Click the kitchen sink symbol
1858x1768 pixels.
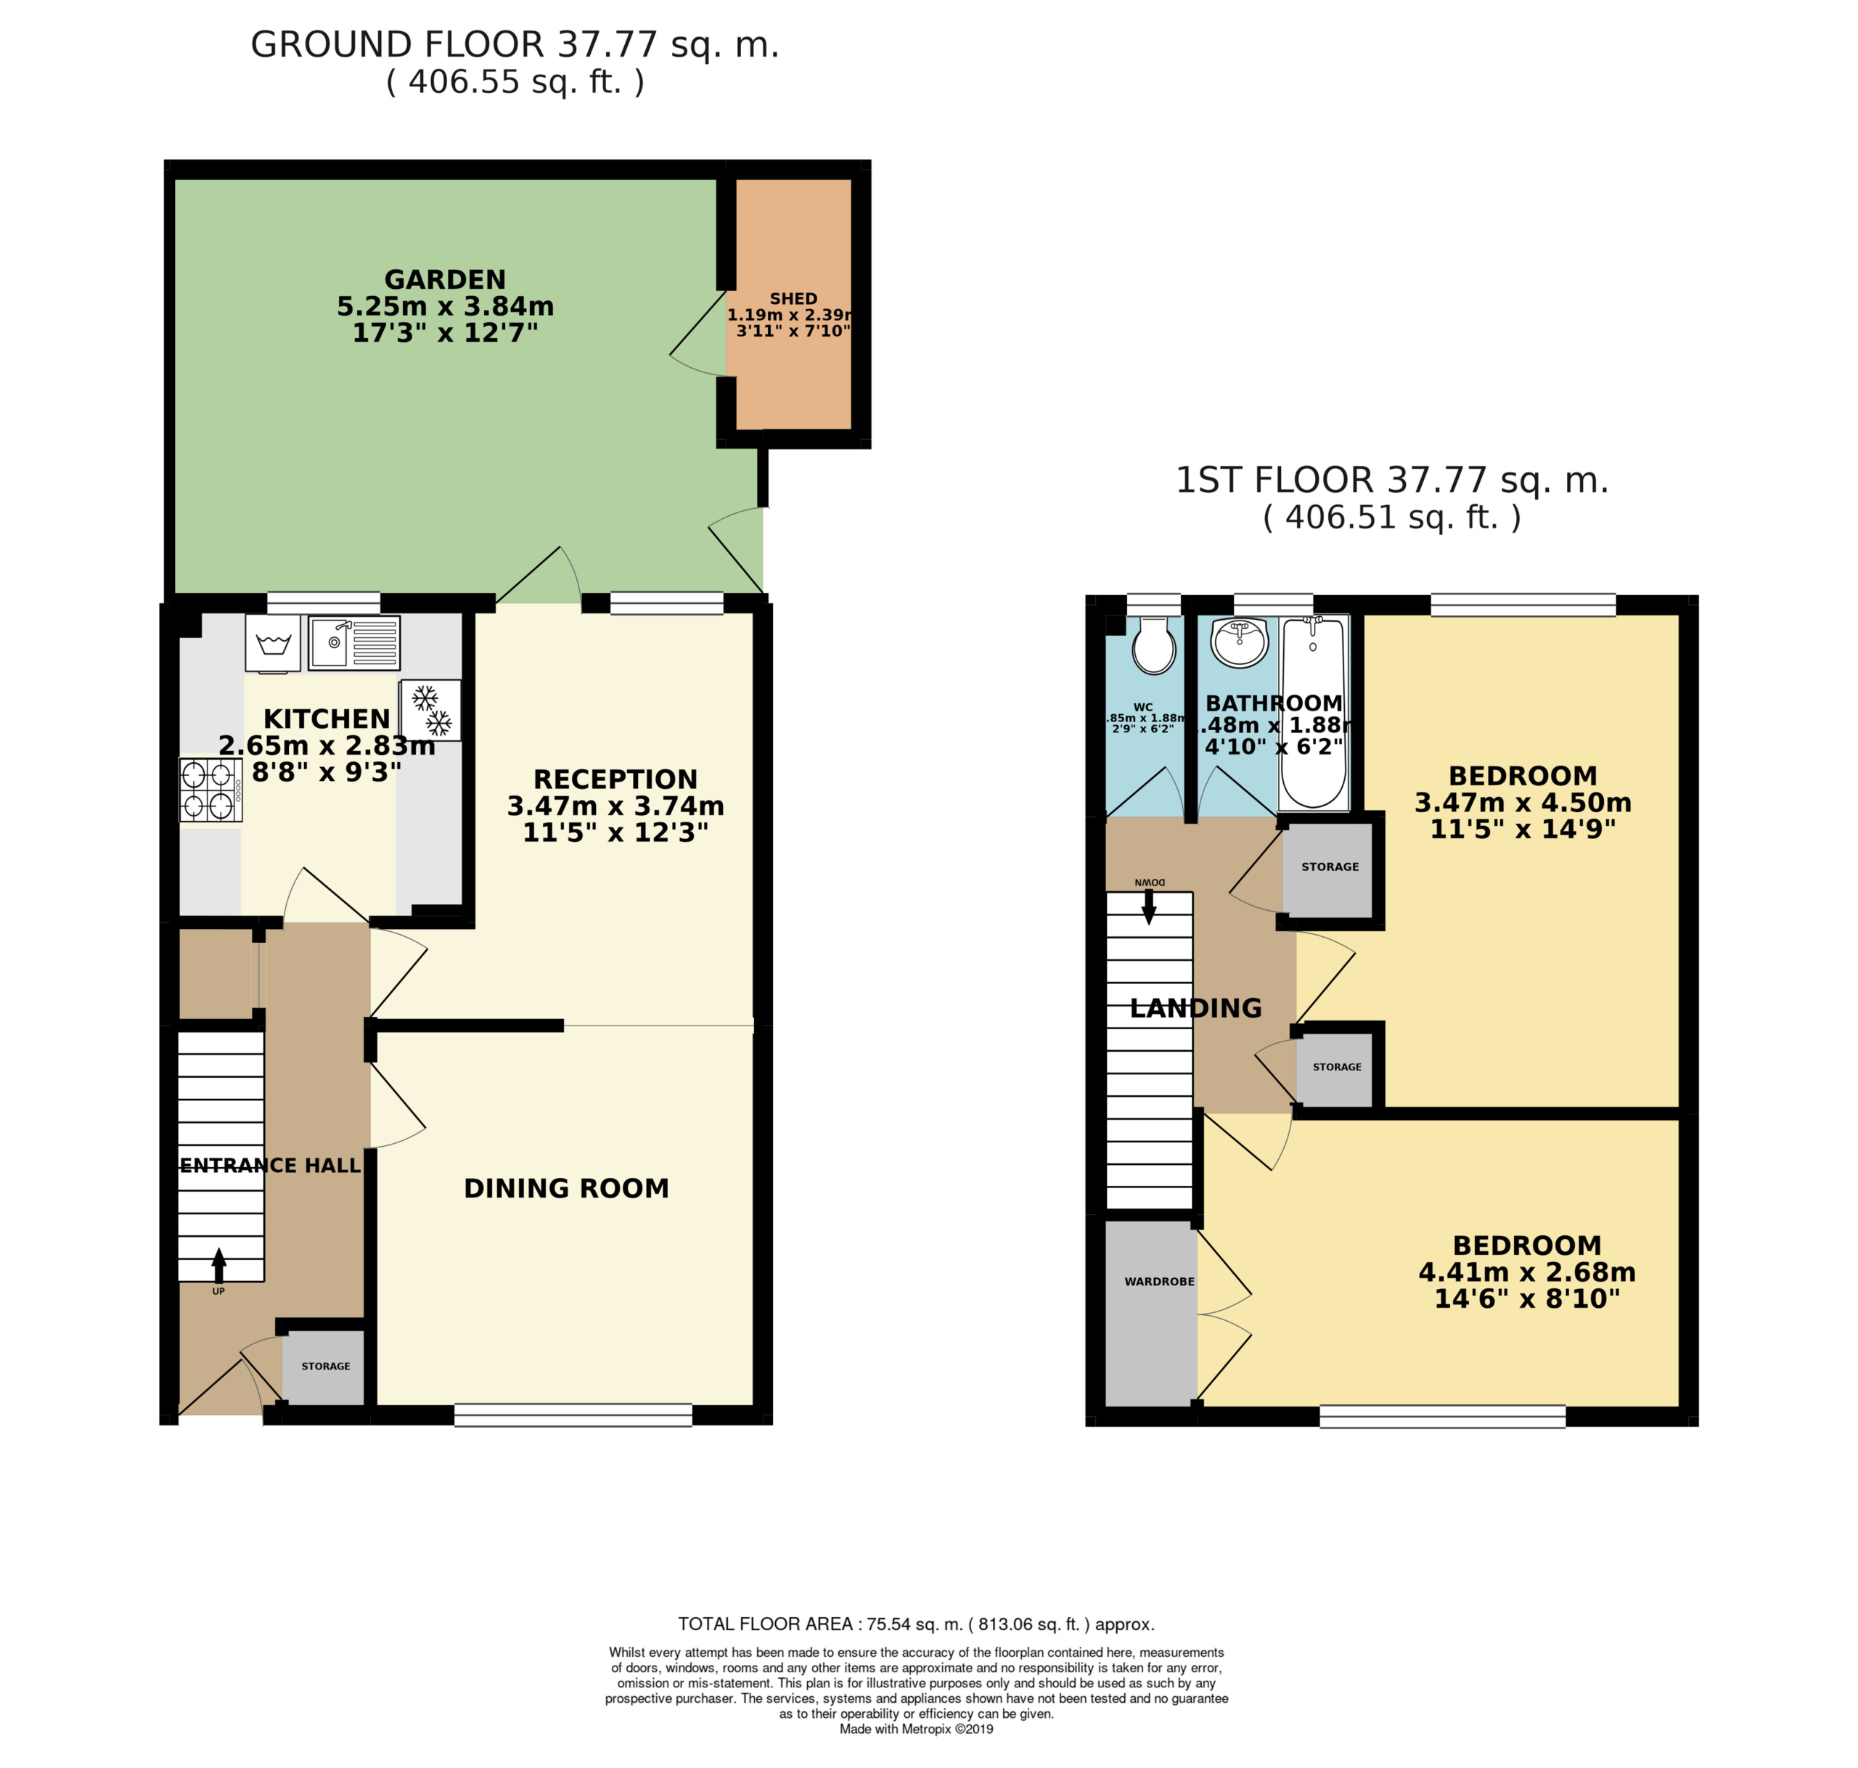click(x=354, y=643)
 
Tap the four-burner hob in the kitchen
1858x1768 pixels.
click(x=210, y=790)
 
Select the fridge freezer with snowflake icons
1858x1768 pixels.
click(x=430, y=711)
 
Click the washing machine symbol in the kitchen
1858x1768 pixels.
click(x=273, y=644)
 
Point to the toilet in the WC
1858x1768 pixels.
click(x=1154, y=645)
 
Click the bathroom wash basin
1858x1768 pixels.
click(x=1240, y=643)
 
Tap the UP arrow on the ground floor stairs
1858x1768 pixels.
click(x=218, y=1266)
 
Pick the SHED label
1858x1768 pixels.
click(x=793, y=299)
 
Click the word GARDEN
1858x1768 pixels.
click(x=445, y=280)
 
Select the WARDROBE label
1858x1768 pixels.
click(x=1159, y=1282)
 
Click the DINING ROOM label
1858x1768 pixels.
click(x=566, y=1188)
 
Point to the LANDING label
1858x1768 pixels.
click(x=1195, y=1008)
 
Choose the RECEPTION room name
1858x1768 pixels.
click(x=615, y=779)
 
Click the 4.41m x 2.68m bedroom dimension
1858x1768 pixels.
click(x=1527, y=1272)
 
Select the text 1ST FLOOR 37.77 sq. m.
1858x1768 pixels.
click(x=1391, y=480)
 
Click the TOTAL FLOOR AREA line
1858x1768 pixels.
click(x=916, y=1624)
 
